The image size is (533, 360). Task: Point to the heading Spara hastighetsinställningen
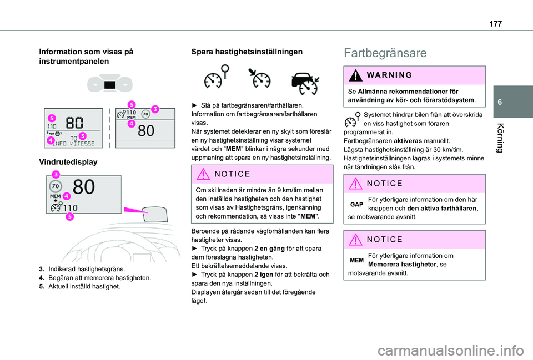point(247,52)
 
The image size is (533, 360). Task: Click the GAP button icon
point(356,205)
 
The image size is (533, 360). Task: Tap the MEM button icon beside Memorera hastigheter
point(356,260)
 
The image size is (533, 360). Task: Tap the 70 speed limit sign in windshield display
point(56,187)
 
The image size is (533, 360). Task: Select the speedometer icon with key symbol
point(216,77)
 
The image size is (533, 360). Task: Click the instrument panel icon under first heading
point(110,85)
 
